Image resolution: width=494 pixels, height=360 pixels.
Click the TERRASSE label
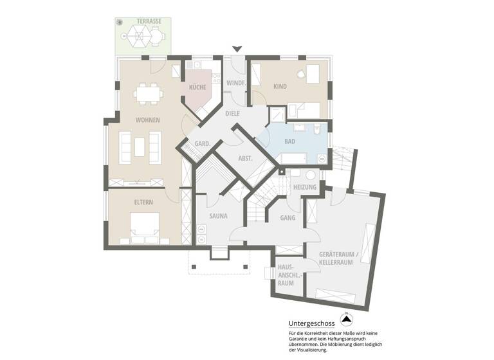[x=149, y=21]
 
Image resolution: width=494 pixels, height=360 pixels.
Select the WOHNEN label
[x=148, y=120]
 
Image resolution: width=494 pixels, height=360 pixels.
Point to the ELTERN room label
[x=143, y=202]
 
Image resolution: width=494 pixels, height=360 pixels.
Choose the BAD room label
[x=289, y=142]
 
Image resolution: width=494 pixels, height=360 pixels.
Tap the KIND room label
[x=280, y=86]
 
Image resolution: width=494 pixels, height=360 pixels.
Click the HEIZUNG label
[x=304, y=187]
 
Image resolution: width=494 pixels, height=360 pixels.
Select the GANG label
[x=288, y=218]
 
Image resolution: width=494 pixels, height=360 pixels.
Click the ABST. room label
[x=245, y=157]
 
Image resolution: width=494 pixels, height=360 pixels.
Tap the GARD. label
[x=203, y=143]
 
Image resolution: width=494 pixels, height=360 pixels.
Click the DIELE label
[x=232, y=113]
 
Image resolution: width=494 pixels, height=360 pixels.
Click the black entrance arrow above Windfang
[x=237, y=49]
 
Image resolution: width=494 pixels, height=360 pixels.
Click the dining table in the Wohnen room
[x=149, y=94]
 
